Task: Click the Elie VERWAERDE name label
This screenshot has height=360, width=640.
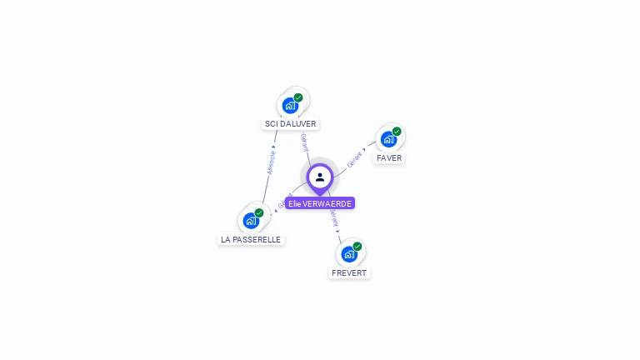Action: [320, 203]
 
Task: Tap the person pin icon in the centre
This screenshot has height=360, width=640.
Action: [320, 177]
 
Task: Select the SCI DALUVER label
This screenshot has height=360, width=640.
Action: [291, 124]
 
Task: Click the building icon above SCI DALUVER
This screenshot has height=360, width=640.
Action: [290, 106]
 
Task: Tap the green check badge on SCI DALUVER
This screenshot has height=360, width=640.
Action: [298, 97]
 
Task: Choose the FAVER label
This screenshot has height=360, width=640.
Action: [389, 157]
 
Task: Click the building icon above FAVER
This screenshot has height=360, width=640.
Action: [388, 139]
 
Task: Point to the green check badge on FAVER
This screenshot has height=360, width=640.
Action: [397, 131]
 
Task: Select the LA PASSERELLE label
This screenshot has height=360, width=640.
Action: [251, 239]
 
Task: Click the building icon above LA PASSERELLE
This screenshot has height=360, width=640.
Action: [251, 221]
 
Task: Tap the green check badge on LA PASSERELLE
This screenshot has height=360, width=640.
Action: [259, 212]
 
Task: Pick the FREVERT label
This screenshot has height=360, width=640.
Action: [349, 272]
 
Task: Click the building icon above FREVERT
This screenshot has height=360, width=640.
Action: [349, 254]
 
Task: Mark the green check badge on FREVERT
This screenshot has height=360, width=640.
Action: [357, 246]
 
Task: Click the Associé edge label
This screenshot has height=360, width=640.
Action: [271, 161]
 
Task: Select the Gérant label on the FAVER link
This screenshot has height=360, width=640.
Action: [355, 159]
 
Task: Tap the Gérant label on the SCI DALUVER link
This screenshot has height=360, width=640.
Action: [304, 142]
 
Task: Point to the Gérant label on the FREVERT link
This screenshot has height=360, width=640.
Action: [334, 219]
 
